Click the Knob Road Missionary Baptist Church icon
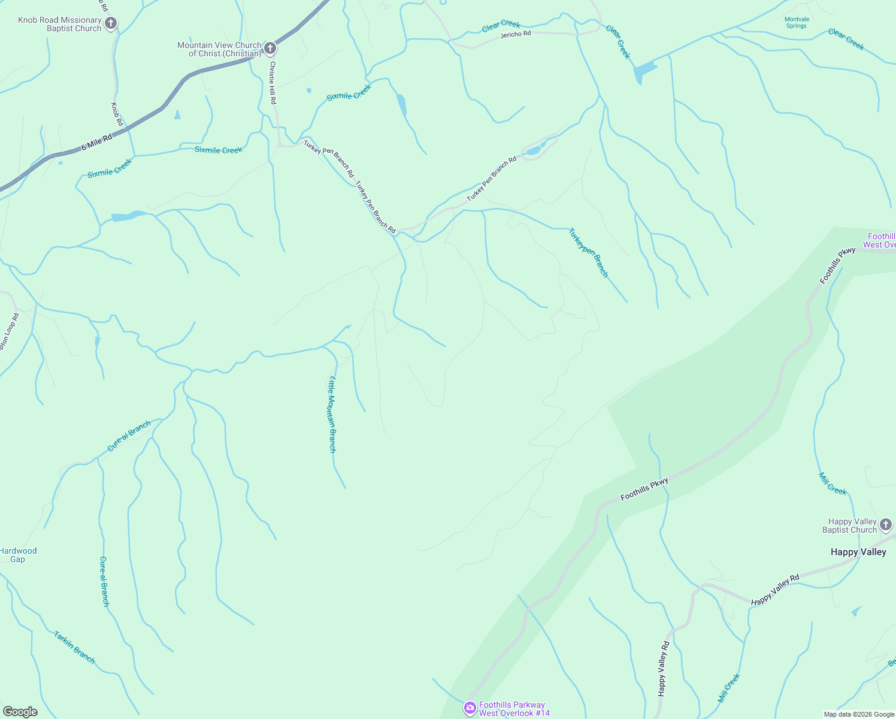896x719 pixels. [x=110, y=23]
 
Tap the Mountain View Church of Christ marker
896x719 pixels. [x=270, y=49]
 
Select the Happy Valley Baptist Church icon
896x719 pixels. [x=886, y=525]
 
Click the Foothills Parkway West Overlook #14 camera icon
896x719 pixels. [x=470, y=709]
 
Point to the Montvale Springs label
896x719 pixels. [x=797, y=23]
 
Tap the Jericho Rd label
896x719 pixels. [x=516, y=35]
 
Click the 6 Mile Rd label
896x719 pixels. [x=97, y=143]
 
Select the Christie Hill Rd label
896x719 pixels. [x=273, y=83]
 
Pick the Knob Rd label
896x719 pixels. [x=117, y=114]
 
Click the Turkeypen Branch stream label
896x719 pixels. [x=588, y=253]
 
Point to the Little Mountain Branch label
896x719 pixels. [x=332, y=414]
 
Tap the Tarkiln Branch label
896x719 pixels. [x=74, y=647]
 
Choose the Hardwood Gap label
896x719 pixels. [x=18, y=555]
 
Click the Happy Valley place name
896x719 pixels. [x=858, y=552]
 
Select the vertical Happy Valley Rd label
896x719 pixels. [x=663, y=669]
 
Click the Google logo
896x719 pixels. [x=20, y=712]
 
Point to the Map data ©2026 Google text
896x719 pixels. [x=859, y=714]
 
